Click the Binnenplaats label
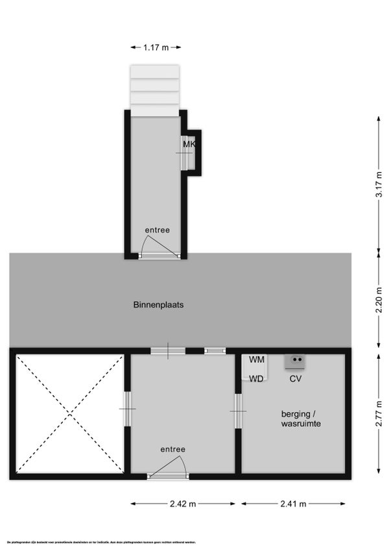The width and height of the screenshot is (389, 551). point(154,304)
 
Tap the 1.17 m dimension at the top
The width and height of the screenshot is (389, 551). point(156,47)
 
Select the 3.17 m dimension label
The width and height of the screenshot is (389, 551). point(379,186)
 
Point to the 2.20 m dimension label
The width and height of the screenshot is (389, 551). point(379,300)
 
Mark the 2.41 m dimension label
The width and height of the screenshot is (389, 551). point(293,504)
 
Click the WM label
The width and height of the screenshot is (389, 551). point(257,360)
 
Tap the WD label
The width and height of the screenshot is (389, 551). point(257,379)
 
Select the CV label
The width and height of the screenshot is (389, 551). point(296,379)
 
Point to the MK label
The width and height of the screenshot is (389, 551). point(189,144)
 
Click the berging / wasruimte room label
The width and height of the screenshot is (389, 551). point(301,419)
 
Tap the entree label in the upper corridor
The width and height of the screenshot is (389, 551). point(157,230)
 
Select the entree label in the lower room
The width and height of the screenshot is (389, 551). point(173,449)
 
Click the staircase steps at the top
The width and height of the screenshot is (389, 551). point(154,90)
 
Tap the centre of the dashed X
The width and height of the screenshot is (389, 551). point(69,413)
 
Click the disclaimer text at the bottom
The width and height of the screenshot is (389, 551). point(97,542)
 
